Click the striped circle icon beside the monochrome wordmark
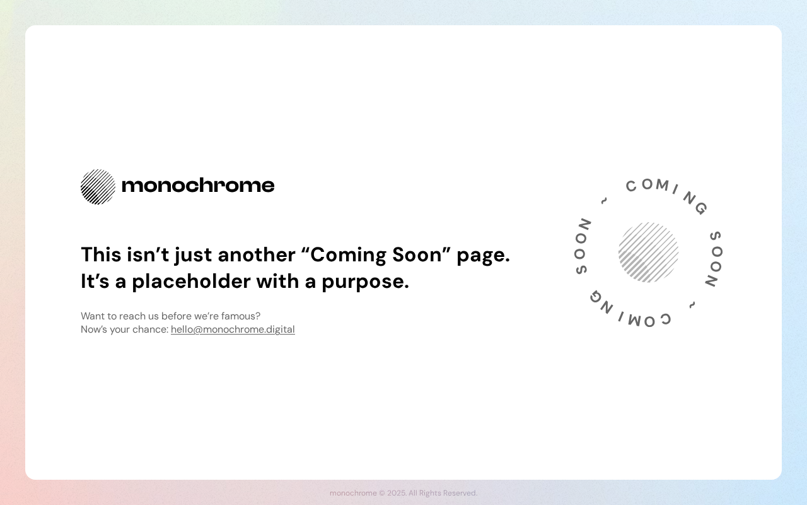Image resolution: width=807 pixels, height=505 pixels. (98, 187)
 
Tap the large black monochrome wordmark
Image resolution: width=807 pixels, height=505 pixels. (198, 185)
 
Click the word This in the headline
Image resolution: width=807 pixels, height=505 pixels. (101, 254)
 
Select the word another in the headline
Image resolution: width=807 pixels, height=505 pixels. (257, 255)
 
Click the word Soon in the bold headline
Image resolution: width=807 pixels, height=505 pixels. (417, 255)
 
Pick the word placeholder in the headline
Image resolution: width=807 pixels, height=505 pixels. (191, 282)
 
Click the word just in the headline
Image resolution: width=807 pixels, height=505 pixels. (193, 256)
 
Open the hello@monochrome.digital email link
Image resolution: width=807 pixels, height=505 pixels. (233, 330)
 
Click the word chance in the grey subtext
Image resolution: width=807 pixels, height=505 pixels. (149, 330)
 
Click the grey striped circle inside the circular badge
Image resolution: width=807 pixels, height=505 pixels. (649, 252)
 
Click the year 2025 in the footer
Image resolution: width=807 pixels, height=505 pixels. (396, 493)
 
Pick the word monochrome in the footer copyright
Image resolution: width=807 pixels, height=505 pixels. (353, 493)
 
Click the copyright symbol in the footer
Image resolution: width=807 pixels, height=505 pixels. (382, 493)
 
